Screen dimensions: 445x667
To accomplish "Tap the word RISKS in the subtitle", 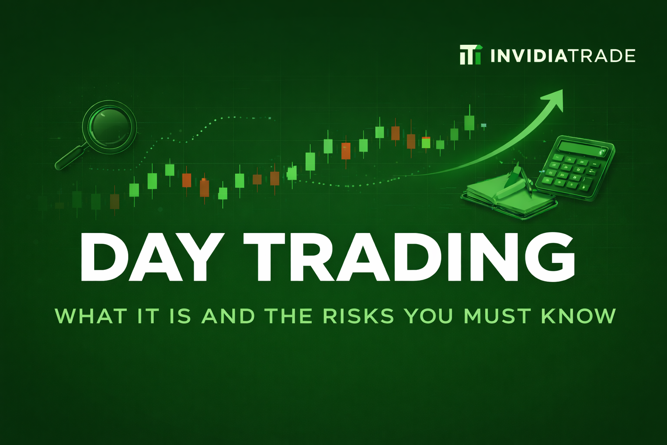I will [x=358, y=316].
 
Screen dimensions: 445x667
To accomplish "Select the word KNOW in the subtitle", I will [x=578, y=316].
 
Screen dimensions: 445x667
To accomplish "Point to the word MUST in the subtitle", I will [x=497, y=316].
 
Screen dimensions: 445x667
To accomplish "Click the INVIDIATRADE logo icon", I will [x=471, y=55].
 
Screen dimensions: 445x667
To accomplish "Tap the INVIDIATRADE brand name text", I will [x=563, y=56].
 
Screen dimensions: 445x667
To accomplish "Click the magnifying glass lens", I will [x=109, y=126].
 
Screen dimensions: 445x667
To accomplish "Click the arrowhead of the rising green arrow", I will [x=554, y=99].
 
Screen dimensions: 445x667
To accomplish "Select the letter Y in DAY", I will [x=201, y=257].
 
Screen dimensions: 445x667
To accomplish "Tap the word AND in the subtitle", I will [x=228, y=316].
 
